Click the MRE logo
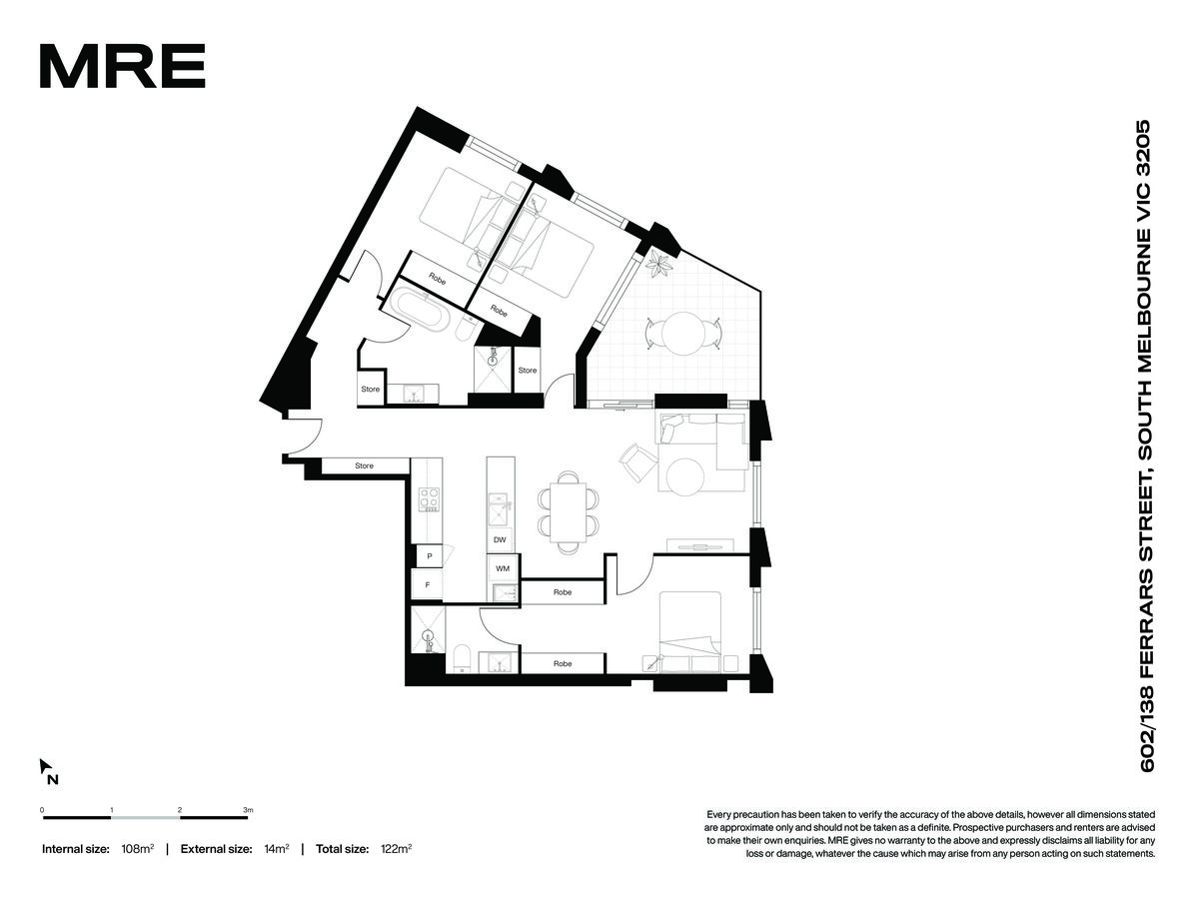tap(122, 66)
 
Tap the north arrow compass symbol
tap(49, 771)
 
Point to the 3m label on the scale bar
tap(249, 809)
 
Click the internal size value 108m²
tap(138, 849)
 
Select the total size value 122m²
tap(396, 849)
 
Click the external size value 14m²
tap(277, 849)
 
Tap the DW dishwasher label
tap(500, 539)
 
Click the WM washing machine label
tap(502, 568)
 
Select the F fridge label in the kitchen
tap(428, 584)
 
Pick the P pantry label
tap(430, 556)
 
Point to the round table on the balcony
tap(682, 334)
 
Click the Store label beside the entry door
tap(364, 465)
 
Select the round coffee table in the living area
tap(685, 476)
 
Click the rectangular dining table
tap(568, 512)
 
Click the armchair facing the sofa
tap(637, 462)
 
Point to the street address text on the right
tap(1147, 447)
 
